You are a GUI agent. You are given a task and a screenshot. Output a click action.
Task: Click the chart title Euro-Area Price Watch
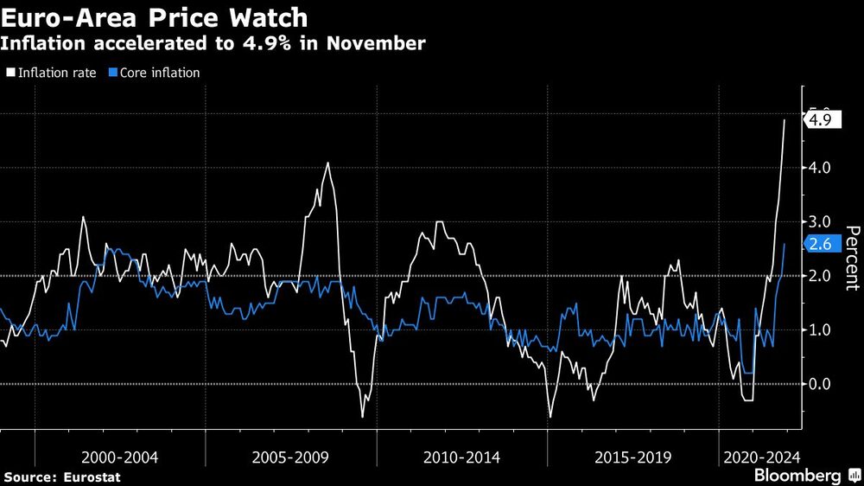pos(155,16)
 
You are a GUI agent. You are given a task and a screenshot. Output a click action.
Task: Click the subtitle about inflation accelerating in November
pos(214,43)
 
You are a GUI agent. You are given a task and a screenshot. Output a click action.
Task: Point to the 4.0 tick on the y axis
pos(818,168)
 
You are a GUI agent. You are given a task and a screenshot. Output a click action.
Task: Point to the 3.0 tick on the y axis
pos(818,222)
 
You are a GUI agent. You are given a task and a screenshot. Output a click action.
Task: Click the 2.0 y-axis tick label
pos(818,276)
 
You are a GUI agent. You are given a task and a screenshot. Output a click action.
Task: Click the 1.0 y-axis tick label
pos(818,330)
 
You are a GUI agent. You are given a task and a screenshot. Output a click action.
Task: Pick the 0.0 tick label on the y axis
pos(818,384)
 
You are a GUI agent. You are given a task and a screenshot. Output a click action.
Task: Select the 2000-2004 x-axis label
pos(119,457)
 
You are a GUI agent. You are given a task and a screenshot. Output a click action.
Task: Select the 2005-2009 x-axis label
pos(291,457)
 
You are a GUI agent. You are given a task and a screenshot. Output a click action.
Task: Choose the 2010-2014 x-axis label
pos(462,457)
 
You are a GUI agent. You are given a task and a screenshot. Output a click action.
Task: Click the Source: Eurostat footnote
pos(61,476)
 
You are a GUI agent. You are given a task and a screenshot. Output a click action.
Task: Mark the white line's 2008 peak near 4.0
pos(327,163)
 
